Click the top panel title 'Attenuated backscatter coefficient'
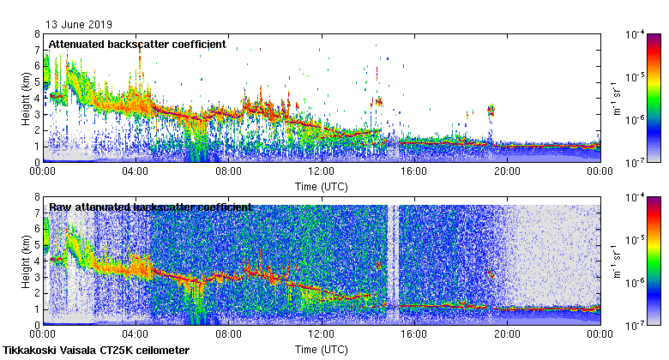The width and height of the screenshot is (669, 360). [137, 44]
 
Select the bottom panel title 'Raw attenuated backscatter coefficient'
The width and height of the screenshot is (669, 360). [150, 207]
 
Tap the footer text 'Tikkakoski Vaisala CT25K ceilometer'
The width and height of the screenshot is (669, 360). [96, 351]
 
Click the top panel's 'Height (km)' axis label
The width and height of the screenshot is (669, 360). [27, 98]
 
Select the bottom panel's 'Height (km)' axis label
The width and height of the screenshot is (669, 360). [27, 261]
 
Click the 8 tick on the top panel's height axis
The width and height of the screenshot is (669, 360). [37, 34]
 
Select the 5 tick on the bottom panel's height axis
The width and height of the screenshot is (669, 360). [37, 245]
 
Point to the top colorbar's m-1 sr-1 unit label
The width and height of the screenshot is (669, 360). [617, 98]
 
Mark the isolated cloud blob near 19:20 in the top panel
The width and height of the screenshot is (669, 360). [491, 110]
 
